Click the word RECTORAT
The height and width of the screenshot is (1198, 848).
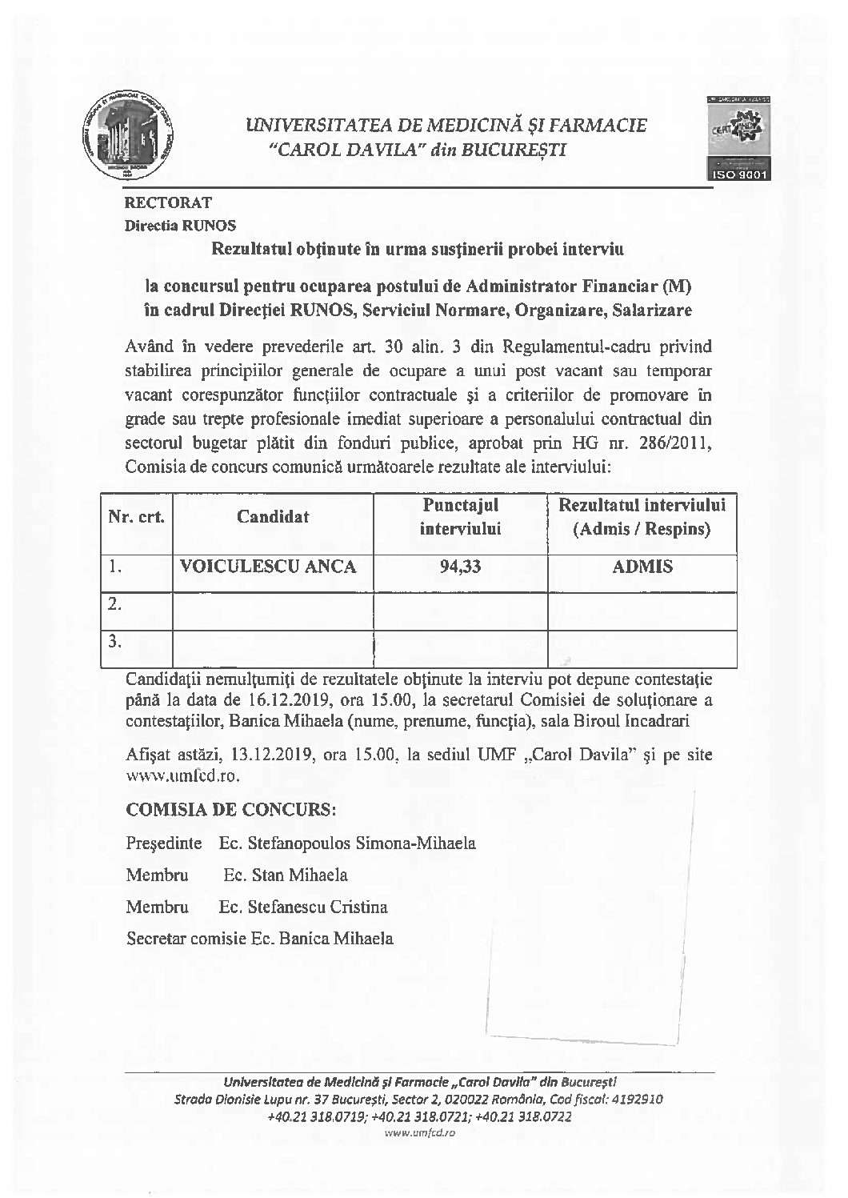click(167, 203)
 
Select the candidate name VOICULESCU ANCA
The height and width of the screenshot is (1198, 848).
click(267, 567)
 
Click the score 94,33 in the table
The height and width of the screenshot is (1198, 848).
click(460, 567)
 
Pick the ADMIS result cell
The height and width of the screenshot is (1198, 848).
click(642, 567)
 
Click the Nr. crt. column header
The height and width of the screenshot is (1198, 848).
click(137, 517)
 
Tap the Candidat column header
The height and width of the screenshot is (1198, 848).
click(273, 517)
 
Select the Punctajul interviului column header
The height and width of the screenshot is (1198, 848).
click(460, 516)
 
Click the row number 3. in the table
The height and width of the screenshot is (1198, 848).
click(115, 640)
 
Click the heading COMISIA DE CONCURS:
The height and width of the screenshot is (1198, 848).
click(231, 809)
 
